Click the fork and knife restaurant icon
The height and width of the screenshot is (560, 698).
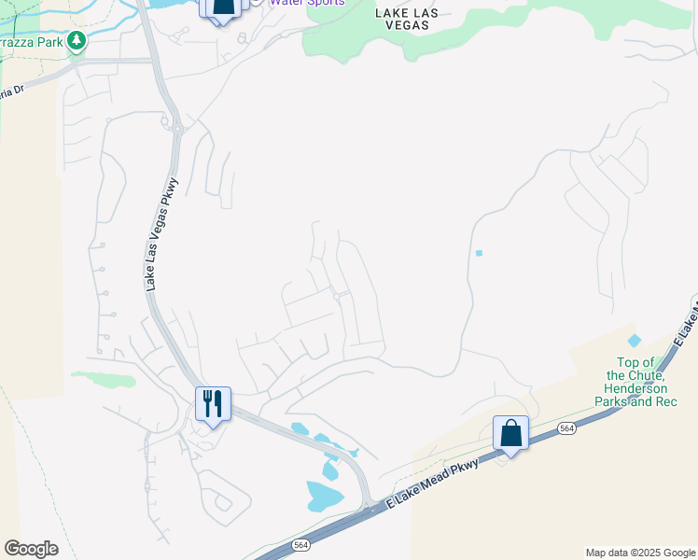(213, 404)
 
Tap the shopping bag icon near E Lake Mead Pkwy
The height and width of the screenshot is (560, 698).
(510, 434)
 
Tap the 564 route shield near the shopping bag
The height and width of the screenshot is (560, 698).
(566, 427)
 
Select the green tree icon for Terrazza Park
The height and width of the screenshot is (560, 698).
(77, 40)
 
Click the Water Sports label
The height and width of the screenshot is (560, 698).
(307, 3)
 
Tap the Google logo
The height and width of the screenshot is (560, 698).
(31, 549)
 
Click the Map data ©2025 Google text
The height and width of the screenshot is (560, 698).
(639, 553)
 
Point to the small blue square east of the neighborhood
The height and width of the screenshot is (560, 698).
(479, 253)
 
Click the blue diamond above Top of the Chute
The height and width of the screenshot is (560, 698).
(635, 342)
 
